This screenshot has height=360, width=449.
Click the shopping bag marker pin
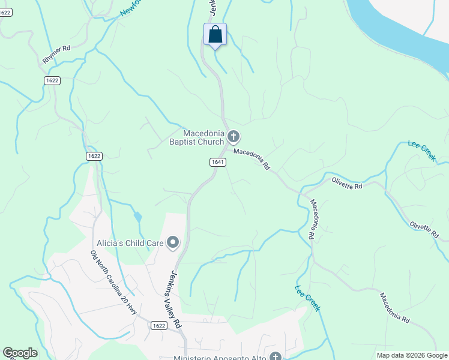coord(215,35)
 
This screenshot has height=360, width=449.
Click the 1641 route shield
coord(217,163)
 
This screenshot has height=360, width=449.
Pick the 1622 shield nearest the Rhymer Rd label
coord(52,80)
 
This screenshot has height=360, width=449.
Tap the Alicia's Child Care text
coord(131,243)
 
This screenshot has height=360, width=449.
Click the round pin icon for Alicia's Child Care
coord(173,242)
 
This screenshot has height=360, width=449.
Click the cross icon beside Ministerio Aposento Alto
coord(276,356)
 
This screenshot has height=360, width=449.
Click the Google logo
coord(20,353)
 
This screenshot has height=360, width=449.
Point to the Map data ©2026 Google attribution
coord(412,355)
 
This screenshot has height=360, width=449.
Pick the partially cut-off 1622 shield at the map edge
coord(5,12)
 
